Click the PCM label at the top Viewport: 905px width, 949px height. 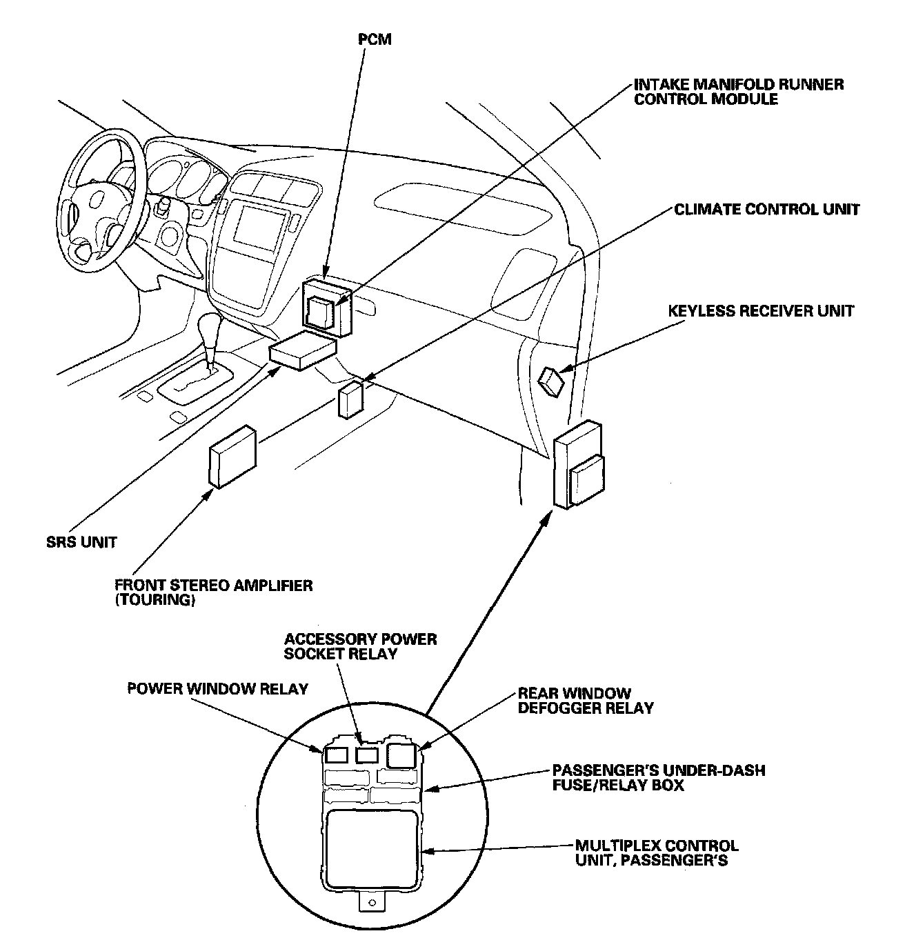click(375, 39)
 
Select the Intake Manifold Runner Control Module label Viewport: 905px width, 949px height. click(738, 92)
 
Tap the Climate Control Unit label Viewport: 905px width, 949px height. click(766, 209)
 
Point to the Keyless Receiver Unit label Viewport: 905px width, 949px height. click(760, 311)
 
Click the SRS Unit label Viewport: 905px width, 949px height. click(77, 542)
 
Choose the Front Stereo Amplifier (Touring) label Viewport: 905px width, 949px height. click(213, 592)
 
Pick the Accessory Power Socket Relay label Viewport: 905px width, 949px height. click(360, 646)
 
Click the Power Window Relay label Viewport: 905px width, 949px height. click(217, 689)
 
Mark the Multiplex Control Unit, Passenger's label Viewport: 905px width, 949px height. click(657, 852)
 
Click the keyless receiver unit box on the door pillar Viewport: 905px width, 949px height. click(552, 381)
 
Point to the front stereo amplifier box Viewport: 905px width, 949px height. click(232, 457)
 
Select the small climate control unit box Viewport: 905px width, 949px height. click(350, 399)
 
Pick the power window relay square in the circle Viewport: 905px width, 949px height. click(336, 755)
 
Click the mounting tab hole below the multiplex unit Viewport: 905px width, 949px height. click(372, 902)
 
